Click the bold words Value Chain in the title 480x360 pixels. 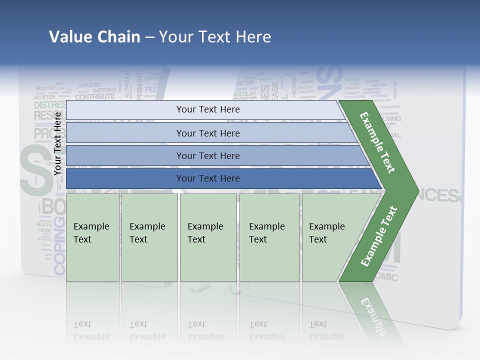[x=94, y=37]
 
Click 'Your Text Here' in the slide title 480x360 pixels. [x=215, y=37]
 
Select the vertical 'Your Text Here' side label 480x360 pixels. [x=58, y=143]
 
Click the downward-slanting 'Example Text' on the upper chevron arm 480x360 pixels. [x=377, y=143]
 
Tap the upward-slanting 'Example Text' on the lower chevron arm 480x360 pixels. [x=378, y=236]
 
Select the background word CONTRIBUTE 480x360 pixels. [x=95, y=96]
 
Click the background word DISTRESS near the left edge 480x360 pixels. [x=50, y=105]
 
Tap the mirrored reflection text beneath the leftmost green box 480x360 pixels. [x=91, y=330]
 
